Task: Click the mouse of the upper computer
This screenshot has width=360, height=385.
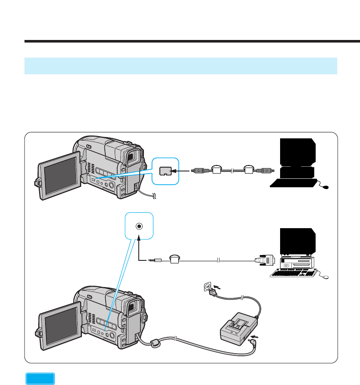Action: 326,187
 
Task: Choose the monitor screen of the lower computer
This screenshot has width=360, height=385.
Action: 298,241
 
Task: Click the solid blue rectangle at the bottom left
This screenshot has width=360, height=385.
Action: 40,379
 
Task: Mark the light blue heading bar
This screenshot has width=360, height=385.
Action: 180,66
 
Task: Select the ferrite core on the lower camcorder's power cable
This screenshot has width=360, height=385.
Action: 155,343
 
